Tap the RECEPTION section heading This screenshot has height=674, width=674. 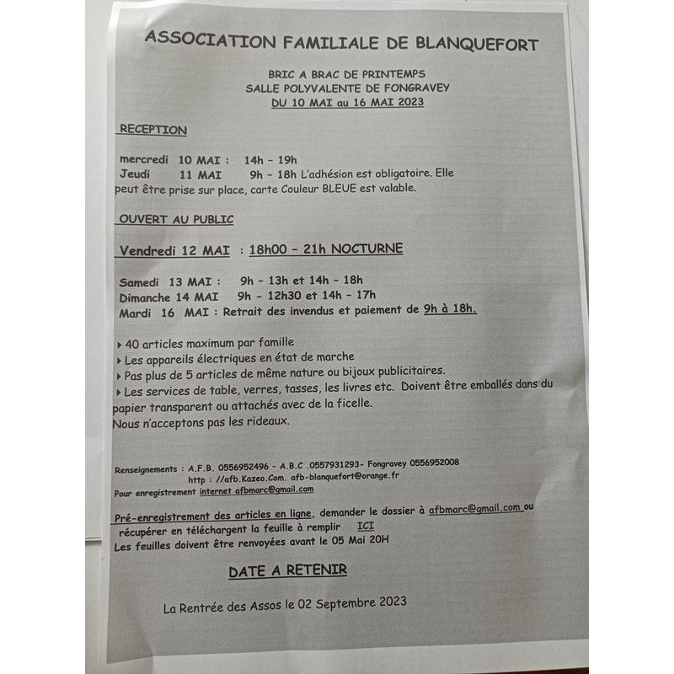tap(152, 130)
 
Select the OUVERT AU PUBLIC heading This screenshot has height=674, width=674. tap(176, 219)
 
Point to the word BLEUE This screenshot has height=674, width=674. tap(341, 188)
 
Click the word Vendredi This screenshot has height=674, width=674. tap(151, 249)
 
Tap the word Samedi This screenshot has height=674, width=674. tap(143, 281)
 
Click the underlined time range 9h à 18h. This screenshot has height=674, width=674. tap(450, 309)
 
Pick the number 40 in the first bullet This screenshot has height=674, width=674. tap(132, 343)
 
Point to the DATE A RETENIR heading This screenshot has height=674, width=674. tap(287, 570)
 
